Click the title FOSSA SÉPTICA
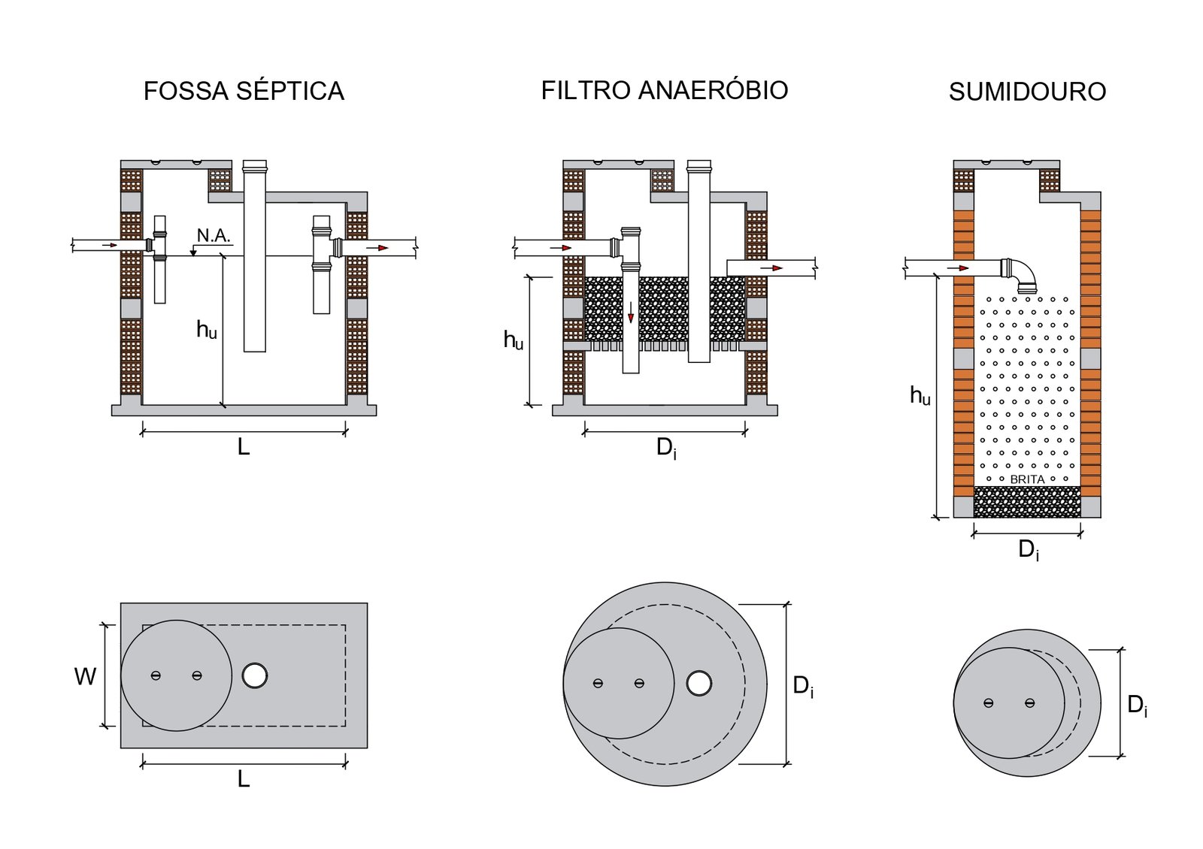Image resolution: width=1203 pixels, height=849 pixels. (244, 91)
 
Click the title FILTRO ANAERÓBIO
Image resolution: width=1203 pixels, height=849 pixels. (664, 90)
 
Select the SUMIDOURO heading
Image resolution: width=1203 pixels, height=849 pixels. (1027, 92)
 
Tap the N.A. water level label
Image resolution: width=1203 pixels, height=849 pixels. (214, 235)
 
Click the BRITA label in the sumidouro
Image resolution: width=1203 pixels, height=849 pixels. (1027, 479)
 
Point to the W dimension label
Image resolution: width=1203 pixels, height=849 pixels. (85, 676)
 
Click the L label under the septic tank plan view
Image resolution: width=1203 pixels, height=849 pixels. (244, 779)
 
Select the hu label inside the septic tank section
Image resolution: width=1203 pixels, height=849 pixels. (207, 329)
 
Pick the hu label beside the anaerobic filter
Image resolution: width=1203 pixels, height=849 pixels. (514, 340)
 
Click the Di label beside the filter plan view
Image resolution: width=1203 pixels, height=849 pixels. (803, 686)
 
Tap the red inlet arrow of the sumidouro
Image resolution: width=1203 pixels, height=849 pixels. (957, 267)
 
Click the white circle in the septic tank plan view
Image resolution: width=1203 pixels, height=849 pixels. (255, 675)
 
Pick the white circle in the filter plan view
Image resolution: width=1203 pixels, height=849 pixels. (699, 683)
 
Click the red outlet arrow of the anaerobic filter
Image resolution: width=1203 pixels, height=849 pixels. (771, 267)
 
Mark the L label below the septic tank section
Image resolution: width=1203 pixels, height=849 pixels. (244, 447)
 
